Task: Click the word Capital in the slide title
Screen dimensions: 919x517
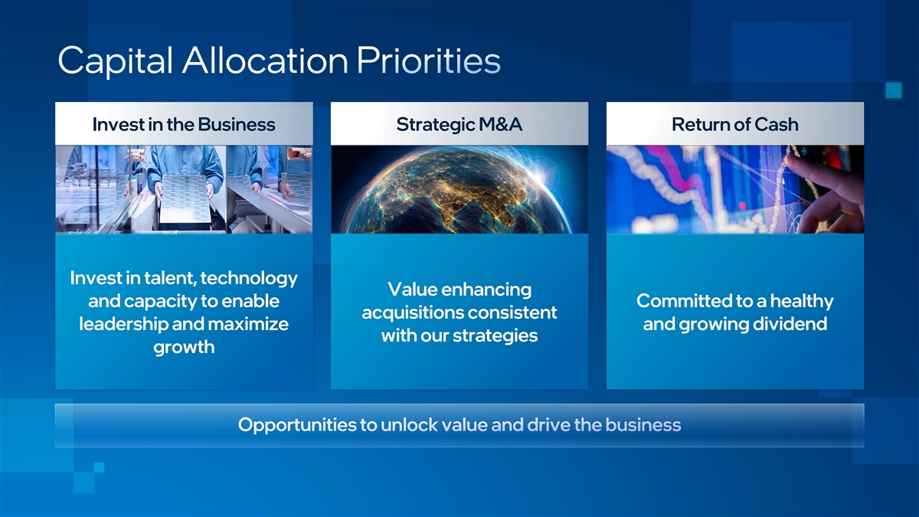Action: tap(116, 61)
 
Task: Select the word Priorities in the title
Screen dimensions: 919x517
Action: tap(428, 61)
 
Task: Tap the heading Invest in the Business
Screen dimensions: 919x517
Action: tap(184, 124)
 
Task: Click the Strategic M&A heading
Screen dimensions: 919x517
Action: tap(459, 125)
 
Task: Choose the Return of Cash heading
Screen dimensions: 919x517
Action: tap(734, 124)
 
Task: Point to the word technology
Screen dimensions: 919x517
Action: tap(249, 279)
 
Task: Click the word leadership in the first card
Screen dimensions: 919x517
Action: tap(123, 324)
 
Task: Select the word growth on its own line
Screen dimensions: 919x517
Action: tap(184, 348)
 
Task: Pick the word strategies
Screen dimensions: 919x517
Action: tap(495, 336)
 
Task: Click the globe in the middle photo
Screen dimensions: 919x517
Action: tap(456, 192)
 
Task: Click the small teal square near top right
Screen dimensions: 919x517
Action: tap(894, 90)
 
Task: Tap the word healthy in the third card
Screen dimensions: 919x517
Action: tap(802, 302)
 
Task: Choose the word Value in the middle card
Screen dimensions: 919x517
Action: tap(412, 290)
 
